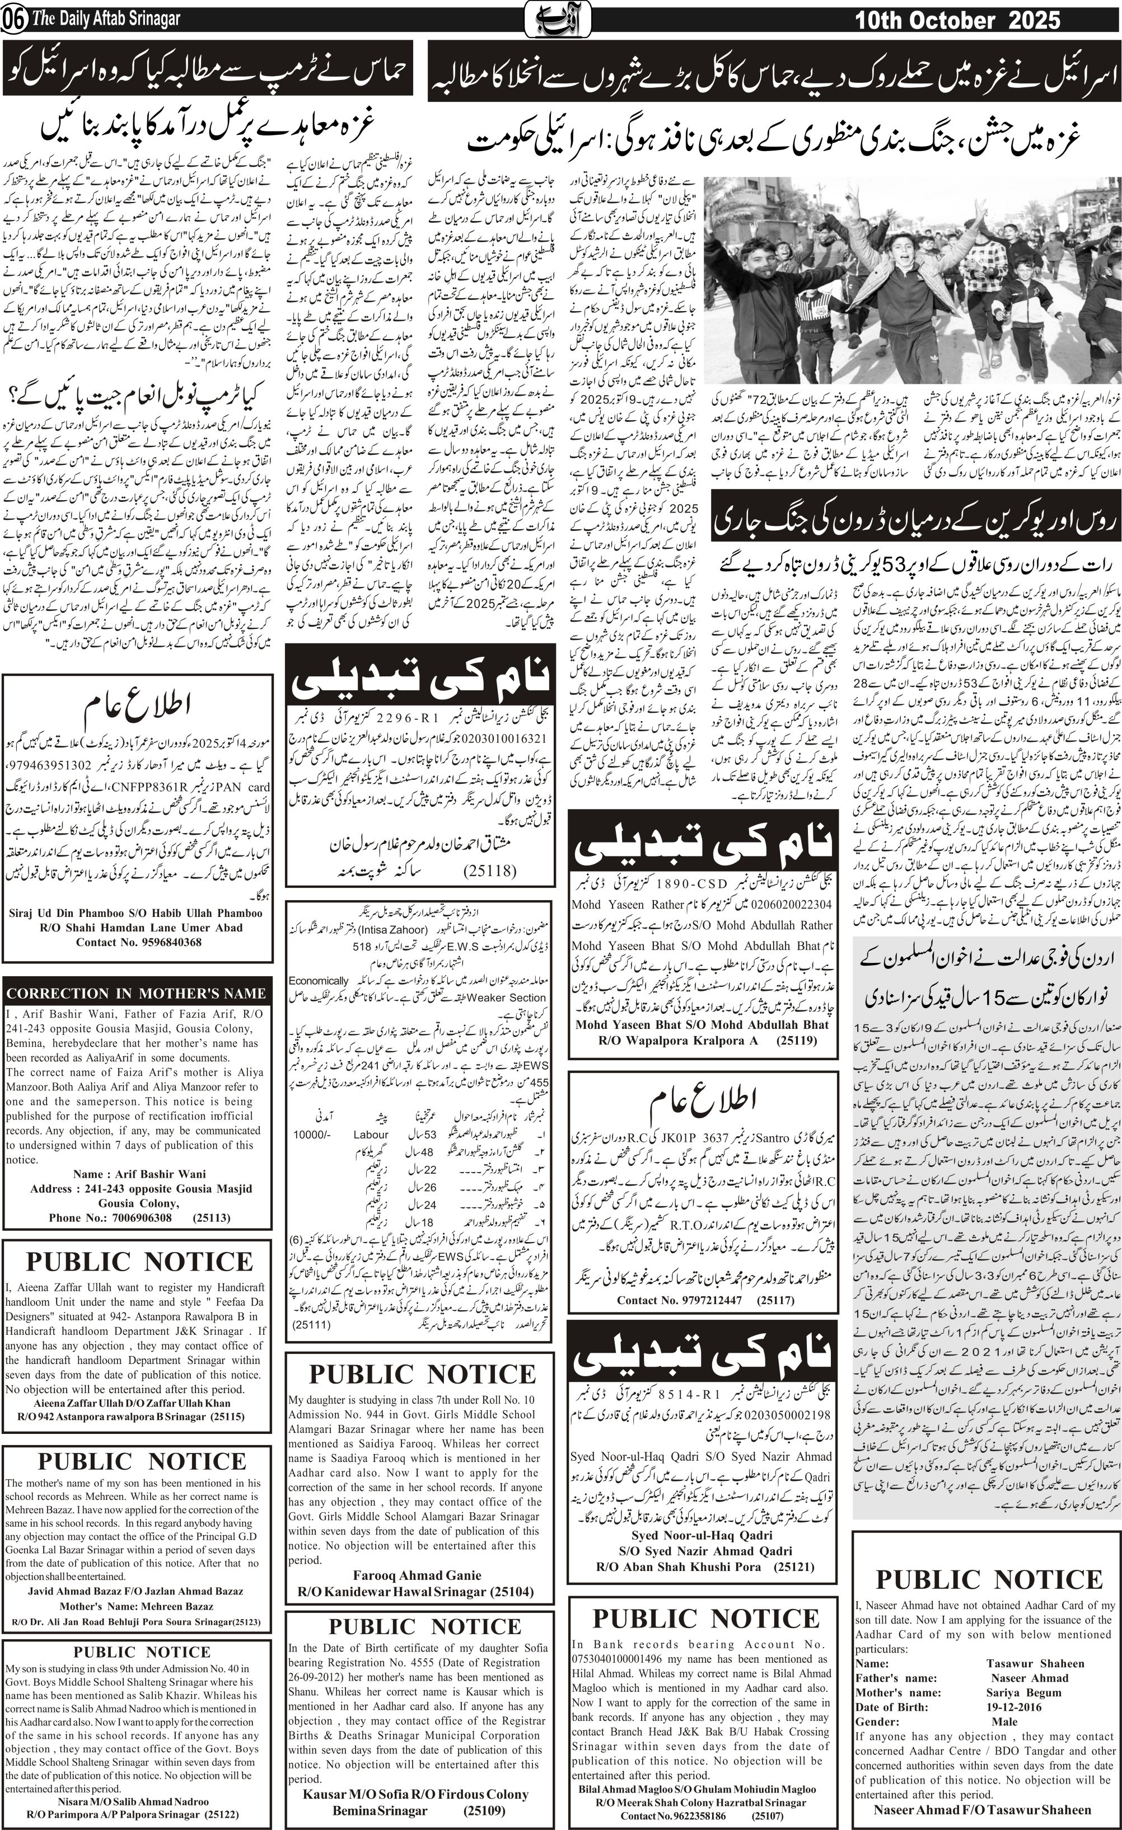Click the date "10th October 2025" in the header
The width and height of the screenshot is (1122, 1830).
click(957, 20)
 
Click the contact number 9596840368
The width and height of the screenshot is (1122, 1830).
click(161, 942)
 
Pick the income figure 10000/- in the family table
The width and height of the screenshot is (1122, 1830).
click(311, 1134)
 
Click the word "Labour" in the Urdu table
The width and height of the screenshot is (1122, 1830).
click(371, 1134)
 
